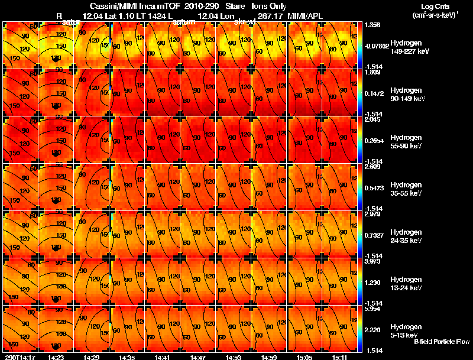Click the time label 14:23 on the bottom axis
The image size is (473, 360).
pyautogui.click(x=56, y=357)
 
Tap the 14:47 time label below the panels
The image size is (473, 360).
pyautogui.click(x=198, y=357)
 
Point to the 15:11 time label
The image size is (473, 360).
pyautogui.click(x=339, y=357)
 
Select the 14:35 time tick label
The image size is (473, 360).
pyautogui.click(x=127, y=357)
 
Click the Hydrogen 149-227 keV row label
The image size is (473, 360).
pyautogui.click(x=410, y=47)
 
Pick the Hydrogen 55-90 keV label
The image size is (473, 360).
pyautogui.click(x=407, y=141)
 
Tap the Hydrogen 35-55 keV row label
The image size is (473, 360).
pyautogui.click(x=407, y=189)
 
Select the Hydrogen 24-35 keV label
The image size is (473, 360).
pyautogui.click(x=407, y=236)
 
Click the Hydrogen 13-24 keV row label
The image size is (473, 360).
pyautogui.click(x=407, y=283)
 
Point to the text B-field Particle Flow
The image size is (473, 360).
pyautogui.click(x=442, y=342)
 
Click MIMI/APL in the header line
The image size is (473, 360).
pyautogui.click(x=306, y=15)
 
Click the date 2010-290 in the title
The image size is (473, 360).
pyautogui.click(x=202, y=6)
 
